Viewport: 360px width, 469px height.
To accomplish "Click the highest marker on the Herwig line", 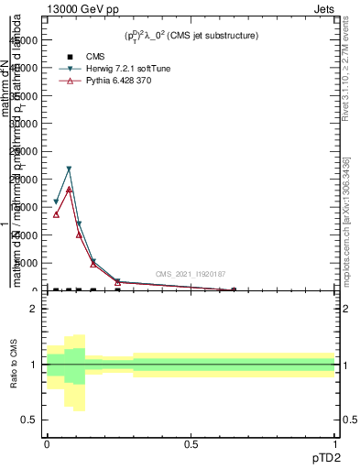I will pos(69,169).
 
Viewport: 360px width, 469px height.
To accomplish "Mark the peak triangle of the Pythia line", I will pos(69,189).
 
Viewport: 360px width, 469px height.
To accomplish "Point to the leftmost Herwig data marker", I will pos(56,202).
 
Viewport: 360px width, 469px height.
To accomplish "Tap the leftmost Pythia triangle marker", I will pos(56,214).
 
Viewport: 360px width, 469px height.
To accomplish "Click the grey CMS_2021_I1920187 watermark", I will pos(190,274).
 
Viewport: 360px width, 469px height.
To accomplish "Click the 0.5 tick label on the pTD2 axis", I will pos(191,444).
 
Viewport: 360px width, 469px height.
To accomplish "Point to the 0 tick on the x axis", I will pos(47,444).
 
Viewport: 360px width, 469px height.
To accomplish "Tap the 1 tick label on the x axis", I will pos(335,444).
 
